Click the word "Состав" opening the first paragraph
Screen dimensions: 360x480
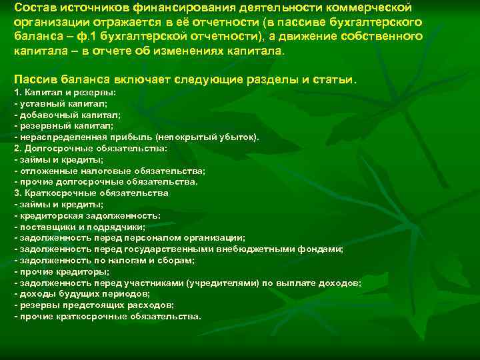click(x=35, y=7)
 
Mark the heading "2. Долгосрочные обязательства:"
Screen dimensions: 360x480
click(x=91, y=148)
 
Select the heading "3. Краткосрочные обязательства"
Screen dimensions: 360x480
click(x=91, y=193)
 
